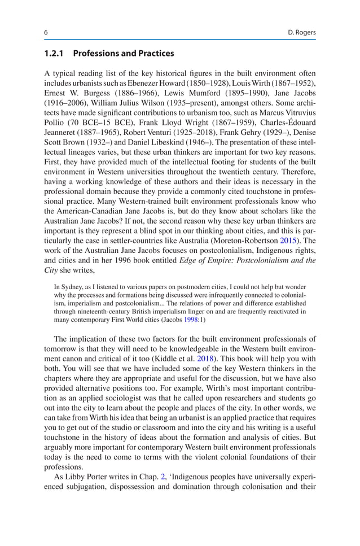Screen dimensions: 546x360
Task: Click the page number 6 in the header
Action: click(46, 33)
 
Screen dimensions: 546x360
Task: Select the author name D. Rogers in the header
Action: click(301, 33)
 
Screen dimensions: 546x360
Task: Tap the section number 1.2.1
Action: click(56, 54)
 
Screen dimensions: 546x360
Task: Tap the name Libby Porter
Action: click(81, 477)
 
